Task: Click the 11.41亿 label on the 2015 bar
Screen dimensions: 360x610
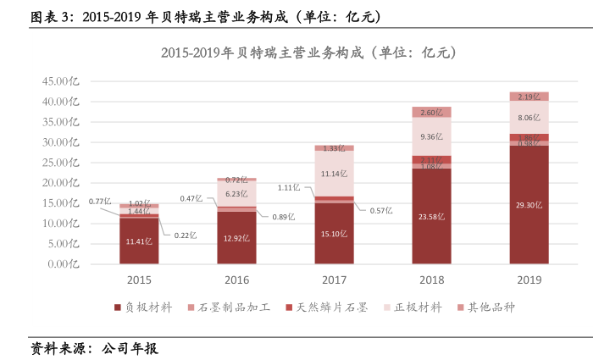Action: pyautogui.click(x=139, y=241)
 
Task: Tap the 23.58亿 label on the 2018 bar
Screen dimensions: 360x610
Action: pyautogui.click(x=431, y=215)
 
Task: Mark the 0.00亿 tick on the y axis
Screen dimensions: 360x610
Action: pyautogui.click(x=64, y=264)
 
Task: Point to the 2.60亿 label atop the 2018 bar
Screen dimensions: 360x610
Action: pyautogui.click(x=431, y=112)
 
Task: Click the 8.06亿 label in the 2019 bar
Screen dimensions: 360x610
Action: pyautogui.click(x=529, y=119)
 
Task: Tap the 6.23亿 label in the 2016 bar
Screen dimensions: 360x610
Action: pyautogui.click(x=236, y=194)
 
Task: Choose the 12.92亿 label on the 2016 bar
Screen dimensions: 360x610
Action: pyautogui.click(x=236, y=238)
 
